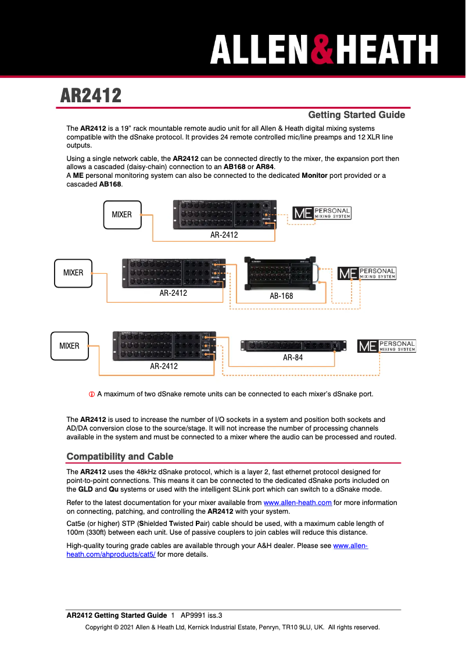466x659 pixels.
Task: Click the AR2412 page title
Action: [x=91, y=95]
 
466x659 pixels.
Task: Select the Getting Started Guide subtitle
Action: [x=356, y=115]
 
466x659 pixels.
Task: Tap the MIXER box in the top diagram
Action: [x=121, y=214]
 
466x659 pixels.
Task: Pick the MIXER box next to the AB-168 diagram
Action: [x=73, y=273]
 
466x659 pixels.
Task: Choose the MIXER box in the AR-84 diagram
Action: [x=69, y=346]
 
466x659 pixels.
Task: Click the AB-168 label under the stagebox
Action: [x=281, y=296]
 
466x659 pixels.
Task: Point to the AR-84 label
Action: [x=293, y=358]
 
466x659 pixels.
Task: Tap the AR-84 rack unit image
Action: [x=293, y=346]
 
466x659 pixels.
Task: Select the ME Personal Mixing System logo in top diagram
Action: [x=321, y=213]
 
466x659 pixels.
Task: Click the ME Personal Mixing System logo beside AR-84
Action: [x=386, y=346]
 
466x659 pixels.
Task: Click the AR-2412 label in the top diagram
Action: [x=224, y=235]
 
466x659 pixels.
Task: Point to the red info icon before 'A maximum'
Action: [x=91, y=394]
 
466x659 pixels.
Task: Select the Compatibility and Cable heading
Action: [x=120, y=456]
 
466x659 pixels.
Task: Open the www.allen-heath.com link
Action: [x=297, y=503]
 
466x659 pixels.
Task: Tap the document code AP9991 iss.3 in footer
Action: [x=202, y=615]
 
